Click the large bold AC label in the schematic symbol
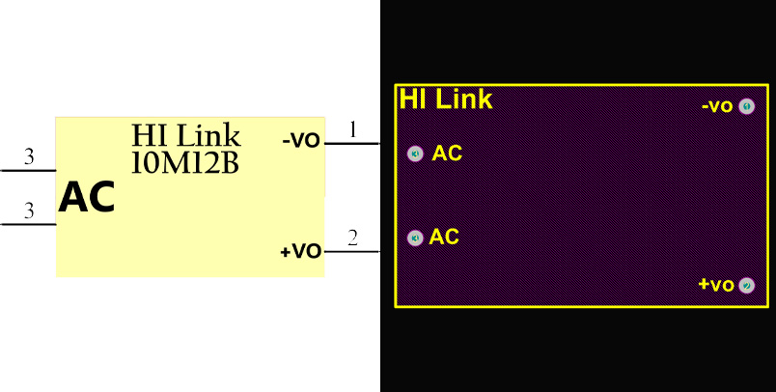pyautogui.click(x=87, y=198)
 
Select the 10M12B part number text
pyautogui.click(x=184, y=163)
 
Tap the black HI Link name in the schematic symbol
pyautogui.click(x=186, y=135)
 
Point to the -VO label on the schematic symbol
pyautogui.click(x=301, y=141)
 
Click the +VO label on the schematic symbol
pyautogui.click(x=300, y=252)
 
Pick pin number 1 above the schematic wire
pyautogui.click(x=353, y=129)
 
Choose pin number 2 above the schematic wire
pyautogui.click(x=353, y=238)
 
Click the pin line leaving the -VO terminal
pyautogui.click(x=353, y=143)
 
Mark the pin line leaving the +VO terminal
pyautogui.click(x=353, y=251)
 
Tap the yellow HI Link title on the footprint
pyautogui.click(x=446, y=99)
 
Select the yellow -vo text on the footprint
pyautogui.click(x=717, y=106)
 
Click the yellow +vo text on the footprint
pyautogui.click(x=716, y=285)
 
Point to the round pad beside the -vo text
pyautogui.click(x=746, y=106)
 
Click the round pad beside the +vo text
pyautogui.click(x=746, y=285)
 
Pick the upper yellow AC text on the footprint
pyautogui.click(x=447, y=154)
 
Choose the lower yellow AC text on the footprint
pyautogui.click(x=444, y=237)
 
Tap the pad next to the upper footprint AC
pyautogui.click(x=415, y=154)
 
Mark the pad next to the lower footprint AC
pyautogui.click(x=415, y=238)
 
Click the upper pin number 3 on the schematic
pyautogui.click(x=29, y=156)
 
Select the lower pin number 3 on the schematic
pyautogui.click(x=29, y=211)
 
